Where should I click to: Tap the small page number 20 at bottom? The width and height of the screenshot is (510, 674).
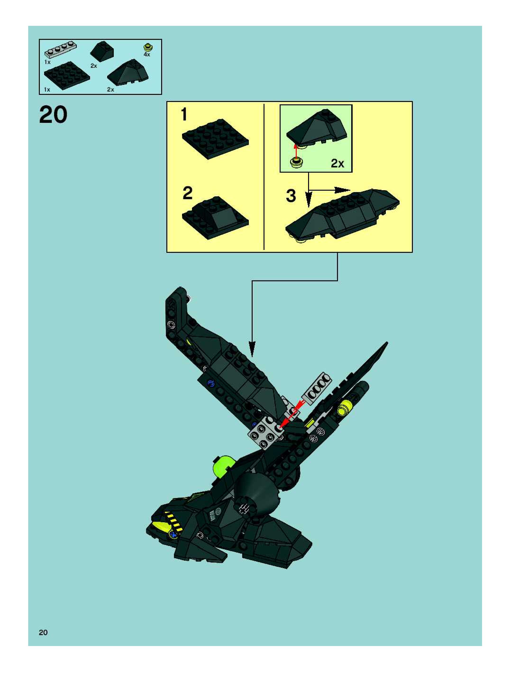[43, 632]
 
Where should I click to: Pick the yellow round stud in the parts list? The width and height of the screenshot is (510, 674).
[148, 47]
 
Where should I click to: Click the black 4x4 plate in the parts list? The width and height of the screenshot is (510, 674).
[67, 75]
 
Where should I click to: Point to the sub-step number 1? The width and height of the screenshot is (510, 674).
[184, 115]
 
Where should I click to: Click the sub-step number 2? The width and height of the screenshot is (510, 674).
[187, 193]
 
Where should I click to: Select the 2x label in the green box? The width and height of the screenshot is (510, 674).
[337, 164]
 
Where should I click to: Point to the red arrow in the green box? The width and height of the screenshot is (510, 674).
[295, 151]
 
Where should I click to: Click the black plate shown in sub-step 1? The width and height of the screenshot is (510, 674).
[215, 138]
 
